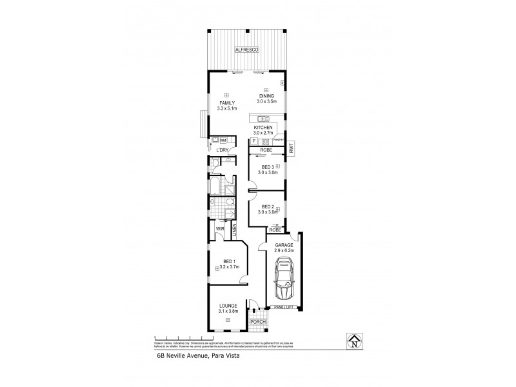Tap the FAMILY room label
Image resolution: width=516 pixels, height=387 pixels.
pyautogui.click(x=226, y=103)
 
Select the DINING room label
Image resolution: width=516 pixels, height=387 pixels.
pyautogui.click(x=267, y=96)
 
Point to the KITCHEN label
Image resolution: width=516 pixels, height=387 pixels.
pyautogui.click(x=263, y=128)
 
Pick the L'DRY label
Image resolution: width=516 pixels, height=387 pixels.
pyautogui.click(x=223, y=150)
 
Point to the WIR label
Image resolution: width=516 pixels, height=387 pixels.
pyautogui.click(x=219, y=228)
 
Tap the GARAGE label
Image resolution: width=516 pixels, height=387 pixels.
pyautogui.click(x=284, y=246)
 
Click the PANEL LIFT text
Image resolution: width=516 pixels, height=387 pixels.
pyautogui.click(x=283, y=307)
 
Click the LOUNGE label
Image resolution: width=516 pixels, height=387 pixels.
pyautogui.click(x=228, y=306)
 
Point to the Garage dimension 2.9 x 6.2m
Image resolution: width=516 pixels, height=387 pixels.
pyautogui.click(x=284, y=252)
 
